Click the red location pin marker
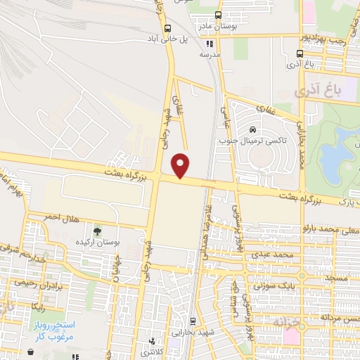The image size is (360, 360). pyautogui.click(x=181, y=165)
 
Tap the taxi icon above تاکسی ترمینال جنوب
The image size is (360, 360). pyautogui.click(x=252, y=129)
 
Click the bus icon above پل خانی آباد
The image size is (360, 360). pyautogui.click(x=167, y=29)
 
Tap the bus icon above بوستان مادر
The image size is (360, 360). pyautogui.click(x=218, y=15)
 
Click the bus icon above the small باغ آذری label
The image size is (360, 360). pyautogui.click(x=300, y=53)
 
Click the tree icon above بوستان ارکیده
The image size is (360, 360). pyautogui.click(x=98, y=231)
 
